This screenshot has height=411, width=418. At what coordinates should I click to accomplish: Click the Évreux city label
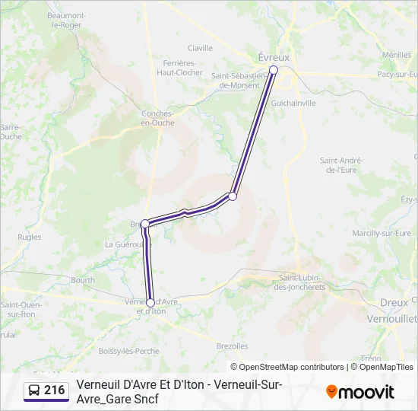[275, 57]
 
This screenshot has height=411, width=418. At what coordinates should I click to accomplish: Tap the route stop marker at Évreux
[274, 70]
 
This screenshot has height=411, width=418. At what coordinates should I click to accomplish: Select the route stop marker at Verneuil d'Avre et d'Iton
[150, 303]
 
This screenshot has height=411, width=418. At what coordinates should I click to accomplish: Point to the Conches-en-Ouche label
[158, 118]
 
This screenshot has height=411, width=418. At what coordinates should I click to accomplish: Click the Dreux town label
[394, 302]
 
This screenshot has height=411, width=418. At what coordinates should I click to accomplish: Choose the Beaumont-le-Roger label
[64, 20]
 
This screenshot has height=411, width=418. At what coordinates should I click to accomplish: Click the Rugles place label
[29, 237]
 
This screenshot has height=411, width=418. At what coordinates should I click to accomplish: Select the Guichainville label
[293, 103]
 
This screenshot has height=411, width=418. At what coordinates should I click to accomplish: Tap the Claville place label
[200, 47]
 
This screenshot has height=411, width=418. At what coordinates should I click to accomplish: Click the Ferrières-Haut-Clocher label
[179, 68]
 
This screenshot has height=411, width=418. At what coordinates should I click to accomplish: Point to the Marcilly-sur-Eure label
[382, 233]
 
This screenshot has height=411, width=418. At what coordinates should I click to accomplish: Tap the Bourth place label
[83, 280]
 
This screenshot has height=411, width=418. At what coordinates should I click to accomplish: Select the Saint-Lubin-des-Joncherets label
[301, 282]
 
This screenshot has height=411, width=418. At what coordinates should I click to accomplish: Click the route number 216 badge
[46, 391]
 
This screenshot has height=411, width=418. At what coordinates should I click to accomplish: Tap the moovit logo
[360, 392]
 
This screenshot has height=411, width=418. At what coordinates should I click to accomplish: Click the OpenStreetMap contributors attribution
[292, 367]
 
